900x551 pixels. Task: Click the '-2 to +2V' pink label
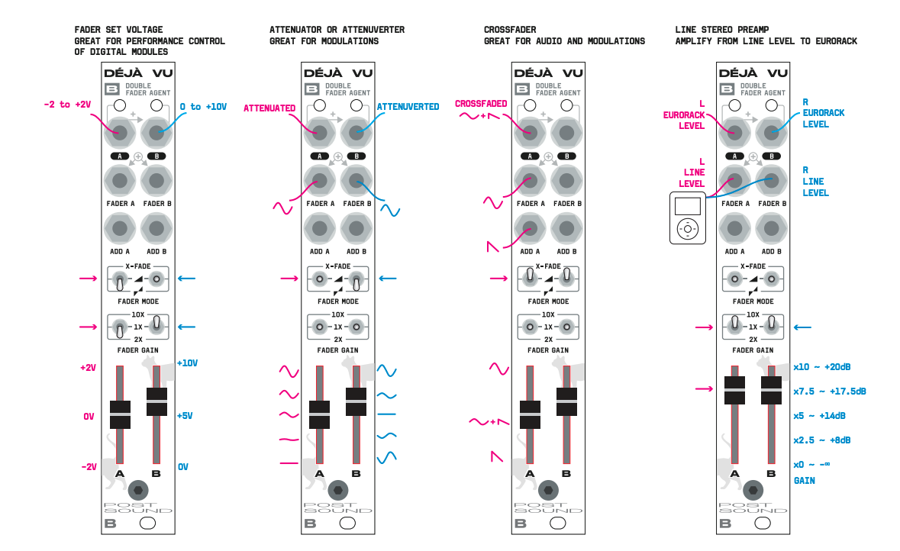tap(66, 105)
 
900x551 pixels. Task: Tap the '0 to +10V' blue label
tap(203, 107)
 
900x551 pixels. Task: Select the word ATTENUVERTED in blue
tap(408, 107)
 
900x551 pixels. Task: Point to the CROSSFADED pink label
tap(481, 103)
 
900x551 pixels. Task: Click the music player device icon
tap(688, 218)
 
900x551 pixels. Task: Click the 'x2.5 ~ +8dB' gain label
tap(821, 440)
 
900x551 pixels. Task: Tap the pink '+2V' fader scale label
tap(89, 368)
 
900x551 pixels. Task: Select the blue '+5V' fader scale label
tap(185, 416)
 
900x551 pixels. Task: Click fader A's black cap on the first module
tap(120, 414)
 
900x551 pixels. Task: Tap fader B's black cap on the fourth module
tap(771, 389)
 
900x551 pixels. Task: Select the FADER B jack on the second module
tap(356, 181)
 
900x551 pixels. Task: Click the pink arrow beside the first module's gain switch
tap(89, 327)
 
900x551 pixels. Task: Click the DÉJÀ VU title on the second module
tap(338, 73)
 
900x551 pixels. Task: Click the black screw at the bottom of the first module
tap(138, 489)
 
